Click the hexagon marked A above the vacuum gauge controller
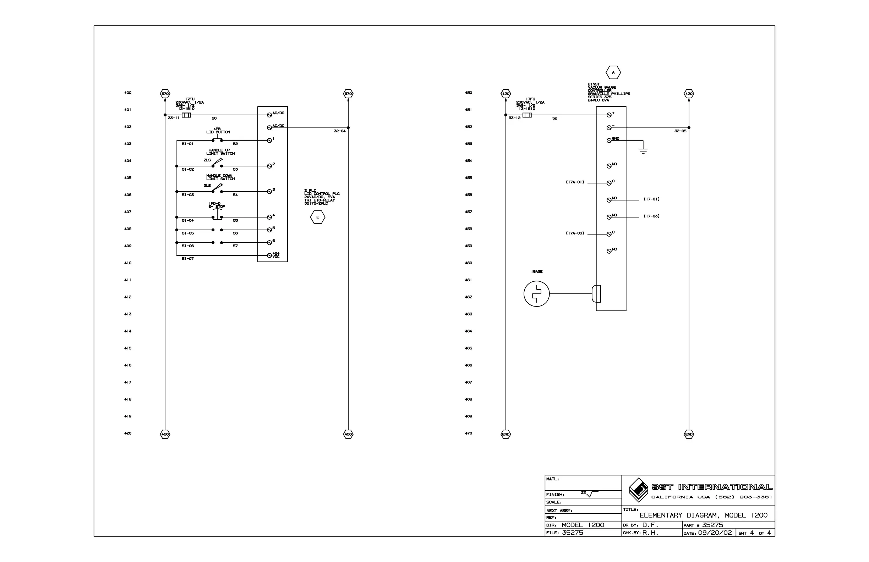(613, 73)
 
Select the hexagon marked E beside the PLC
(317, 217)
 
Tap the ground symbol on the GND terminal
(643, 150)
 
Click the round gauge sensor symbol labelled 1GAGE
(536, 294)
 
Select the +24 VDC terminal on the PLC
(270, 255)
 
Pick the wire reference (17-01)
(651, 199)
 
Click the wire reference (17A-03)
(575, 233)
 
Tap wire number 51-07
(188, 259)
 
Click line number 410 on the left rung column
(127, 263)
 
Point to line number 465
(469, 348)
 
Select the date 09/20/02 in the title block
(715, 533)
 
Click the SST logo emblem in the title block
(638, 490)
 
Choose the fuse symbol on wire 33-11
(186, 115)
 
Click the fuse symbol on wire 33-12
(527, 115)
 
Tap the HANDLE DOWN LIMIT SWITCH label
(220, 177)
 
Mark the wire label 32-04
(339, 131)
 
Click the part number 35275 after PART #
(712, 525)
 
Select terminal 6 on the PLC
(269, 243)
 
